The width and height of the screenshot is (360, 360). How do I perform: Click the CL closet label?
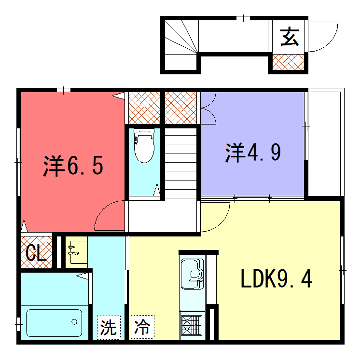35,252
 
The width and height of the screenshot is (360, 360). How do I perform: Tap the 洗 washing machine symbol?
107,325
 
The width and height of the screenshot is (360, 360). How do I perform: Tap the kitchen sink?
193,271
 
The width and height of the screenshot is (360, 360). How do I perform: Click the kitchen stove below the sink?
191,323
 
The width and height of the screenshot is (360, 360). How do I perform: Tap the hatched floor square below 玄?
289,62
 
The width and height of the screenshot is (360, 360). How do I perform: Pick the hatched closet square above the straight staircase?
182,104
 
